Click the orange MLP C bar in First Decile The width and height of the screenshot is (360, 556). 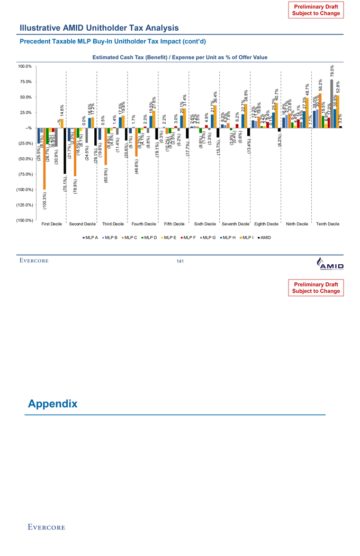point(44,158)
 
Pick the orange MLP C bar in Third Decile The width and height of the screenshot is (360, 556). point(106,146)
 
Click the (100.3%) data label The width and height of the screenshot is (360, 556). point(44,196)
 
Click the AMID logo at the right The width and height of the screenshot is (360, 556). point(329,263)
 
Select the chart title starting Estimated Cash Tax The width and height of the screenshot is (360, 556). point(179,57)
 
